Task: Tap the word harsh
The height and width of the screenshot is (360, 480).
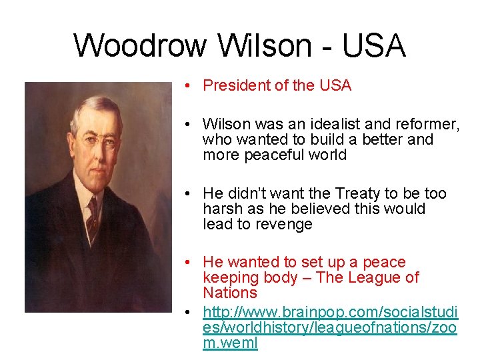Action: pyautogui.click(x=220, y=209)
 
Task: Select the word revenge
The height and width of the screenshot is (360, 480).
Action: pyautogui.click(x=284, y=224)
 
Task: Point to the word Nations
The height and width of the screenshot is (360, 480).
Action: pyautogui.click(x=230, y=293)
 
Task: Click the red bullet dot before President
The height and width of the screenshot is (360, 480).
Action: pyautogui.click(x=190, y=86)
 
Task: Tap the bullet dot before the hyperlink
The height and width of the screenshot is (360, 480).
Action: pyautogui.click(x=190, y=312)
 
